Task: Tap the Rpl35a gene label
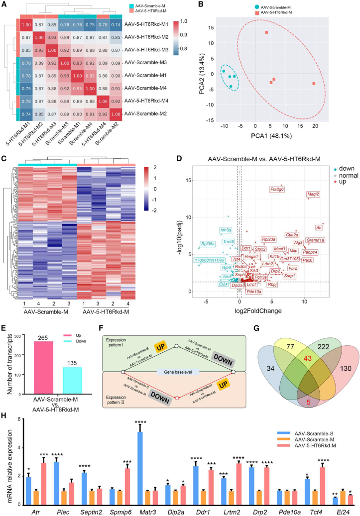[208, 244]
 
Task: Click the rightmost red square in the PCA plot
[314, 84]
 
